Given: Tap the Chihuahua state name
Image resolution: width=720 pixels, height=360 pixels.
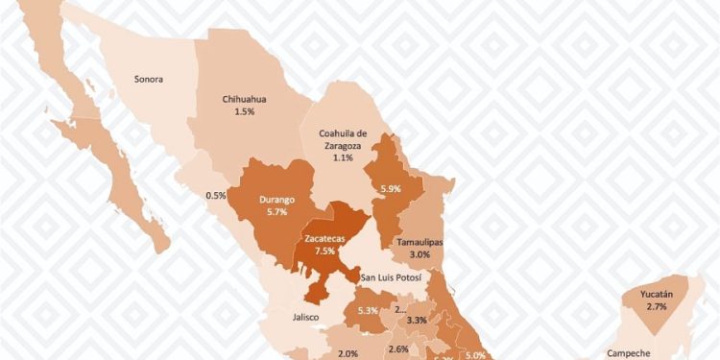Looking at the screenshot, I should point(244,99).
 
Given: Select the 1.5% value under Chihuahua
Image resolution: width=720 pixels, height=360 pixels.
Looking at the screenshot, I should point(244,112).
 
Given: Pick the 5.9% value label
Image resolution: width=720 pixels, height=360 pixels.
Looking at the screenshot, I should point(391,189).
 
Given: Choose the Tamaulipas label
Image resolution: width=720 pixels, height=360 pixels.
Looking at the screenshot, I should point(420,243).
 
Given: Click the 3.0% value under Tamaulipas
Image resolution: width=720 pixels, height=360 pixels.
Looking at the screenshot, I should point(420,255).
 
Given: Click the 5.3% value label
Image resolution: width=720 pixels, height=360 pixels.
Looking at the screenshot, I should point(366,311).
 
